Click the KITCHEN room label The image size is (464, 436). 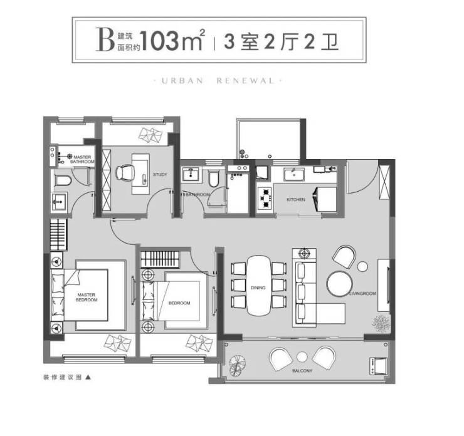pyautogui.click(x=295, y=200)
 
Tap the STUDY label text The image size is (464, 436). pyautogui.click(x=160, y=174)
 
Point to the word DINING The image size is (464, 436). pyautogui.click(x=258, y=288)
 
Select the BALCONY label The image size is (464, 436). pyautogui.click(x=302, y=371)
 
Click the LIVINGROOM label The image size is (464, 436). pyautogui.click(x=362, y=294)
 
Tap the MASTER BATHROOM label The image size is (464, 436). pyautogui.click(x=82, y=159)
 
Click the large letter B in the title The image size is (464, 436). pyautogui.click(x=105, y=39)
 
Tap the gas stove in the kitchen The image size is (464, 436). pyautogui.click(x=265, y=199)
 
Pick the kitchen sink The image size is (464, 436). pyautogui.click(x=294, y=174)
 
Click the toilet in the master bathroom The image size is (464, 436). pyautogui.click(x=63, y=180)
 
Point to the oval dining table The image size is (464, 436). pyautogui.click(x=258, y=285)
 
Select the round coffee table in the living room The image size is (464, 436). pyautogui.click(x=340, y=284)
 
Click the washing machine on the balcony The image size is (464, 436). pyautogui.click(x=378, y=366)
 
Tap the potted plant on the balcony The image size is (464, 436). pyautogui.click(x=237, y=366)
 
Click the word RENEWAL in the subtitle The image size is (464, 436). pyautogui.click(x=246, y=81)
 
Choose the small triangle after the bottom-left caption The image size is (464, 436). pyautogui.click(x=88, y=377)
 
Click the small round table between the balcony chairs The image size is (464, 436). pyautogui.click(x=302, y=357)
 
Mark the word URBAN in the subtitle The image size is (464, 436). pyautogui.click(x=182, y=81)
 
